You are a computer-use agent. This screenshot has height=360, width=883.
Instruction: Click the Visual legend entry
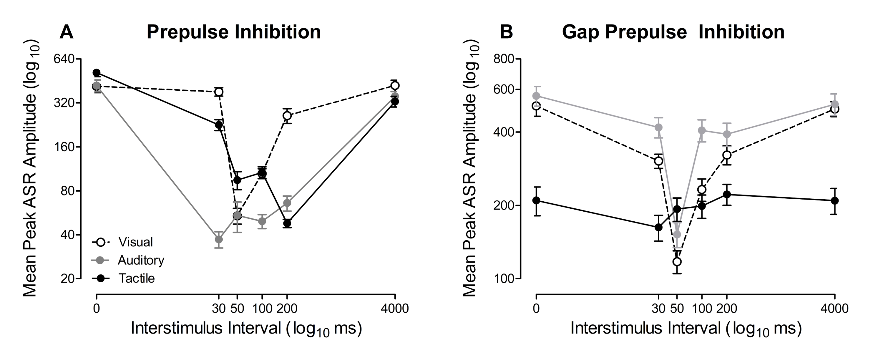[x=135, y=242]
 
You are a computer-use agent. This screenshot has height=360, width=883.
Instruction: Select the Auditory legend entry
[x=140, y=260]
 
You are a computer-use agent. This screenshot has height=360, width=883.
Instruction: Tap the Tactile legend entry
[x=137, y=278]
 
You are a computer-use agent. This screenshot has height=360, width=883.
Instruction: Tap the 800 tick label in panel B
[x=504, y=59]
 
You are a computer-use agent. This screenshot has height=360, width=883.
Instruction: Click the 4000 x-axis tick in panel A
[x=395, y=308]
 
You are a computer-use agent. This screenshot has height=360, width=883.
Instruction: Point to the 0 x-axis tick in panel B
[x=536, y=308]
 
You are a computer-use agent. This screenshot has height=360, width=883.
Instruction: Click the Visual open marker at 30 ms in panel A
[x=218, y=92]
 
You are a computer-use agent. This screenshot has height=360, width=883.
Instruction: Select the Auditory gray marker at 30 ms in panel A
[x=218, y=239]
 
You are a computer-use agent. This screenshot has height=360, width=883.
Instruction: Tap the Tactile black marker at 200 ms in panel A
[x=287, y=223]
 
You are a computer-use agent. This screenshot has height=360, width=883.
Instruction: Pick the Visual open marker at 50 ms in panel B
[x=677, y=262]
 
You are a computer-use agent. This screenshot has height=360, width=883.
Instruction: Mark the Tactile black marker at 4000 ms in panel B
[x=835, y=200]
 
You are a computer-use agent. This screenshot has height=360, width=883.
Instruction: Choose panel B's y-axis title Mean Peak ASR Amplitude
[x=469, y=168]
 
